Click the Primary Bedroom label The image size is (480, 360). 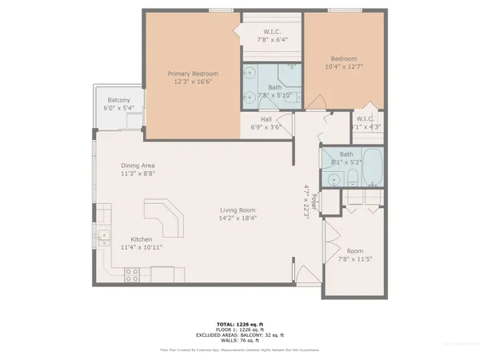[193, 74]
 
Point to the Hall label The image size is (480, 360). [266, 119]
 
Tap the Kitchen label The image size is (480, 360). [142, 238]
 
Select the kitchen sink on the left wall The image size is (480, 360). [104, 236]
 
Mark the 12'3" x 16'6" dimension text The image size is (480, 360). [193, 82]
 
